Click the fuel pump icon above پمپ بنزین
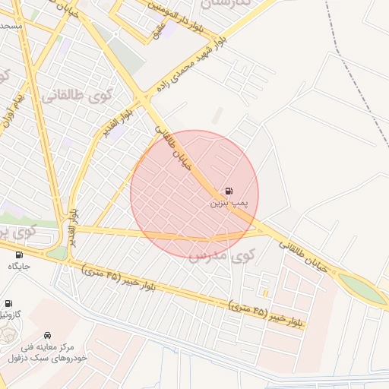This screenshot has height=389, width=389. point(228,191)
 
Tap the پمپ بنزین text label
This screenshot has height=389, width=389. point(228,204)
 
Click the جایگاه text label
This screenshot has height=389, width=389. point(19,266)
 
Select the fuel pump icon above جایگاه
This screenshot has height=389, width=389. point(19,255)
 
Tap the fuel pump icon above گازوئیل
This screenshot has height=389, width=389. point(9,303)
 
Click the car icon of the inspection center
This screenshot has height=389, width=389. point(48,335)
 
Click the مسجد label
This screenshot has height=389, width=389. point(11,26)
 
